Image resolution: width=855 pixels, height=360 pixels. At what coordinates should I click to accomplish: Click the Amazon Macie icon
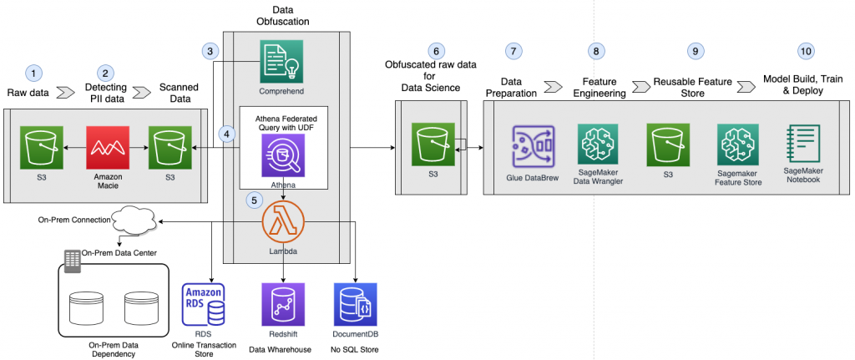104,147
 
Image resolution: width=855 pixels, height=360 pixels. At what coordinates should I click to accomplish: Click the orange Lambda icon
283,223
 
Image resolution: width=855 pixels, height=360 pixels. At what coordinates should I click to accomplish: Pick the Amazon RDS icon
203,304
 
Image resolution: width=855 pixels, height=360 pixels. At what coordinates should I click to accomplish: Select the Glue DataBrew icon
533,148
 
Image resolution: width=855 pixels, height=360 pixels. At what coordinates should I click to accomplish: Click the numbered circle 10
805,50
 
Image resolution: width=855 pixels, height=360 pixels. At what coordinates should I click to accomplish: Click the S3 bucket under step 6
433,147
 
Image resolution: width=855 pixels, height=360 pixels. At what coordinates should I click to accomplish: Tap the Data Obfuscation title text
284,13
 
